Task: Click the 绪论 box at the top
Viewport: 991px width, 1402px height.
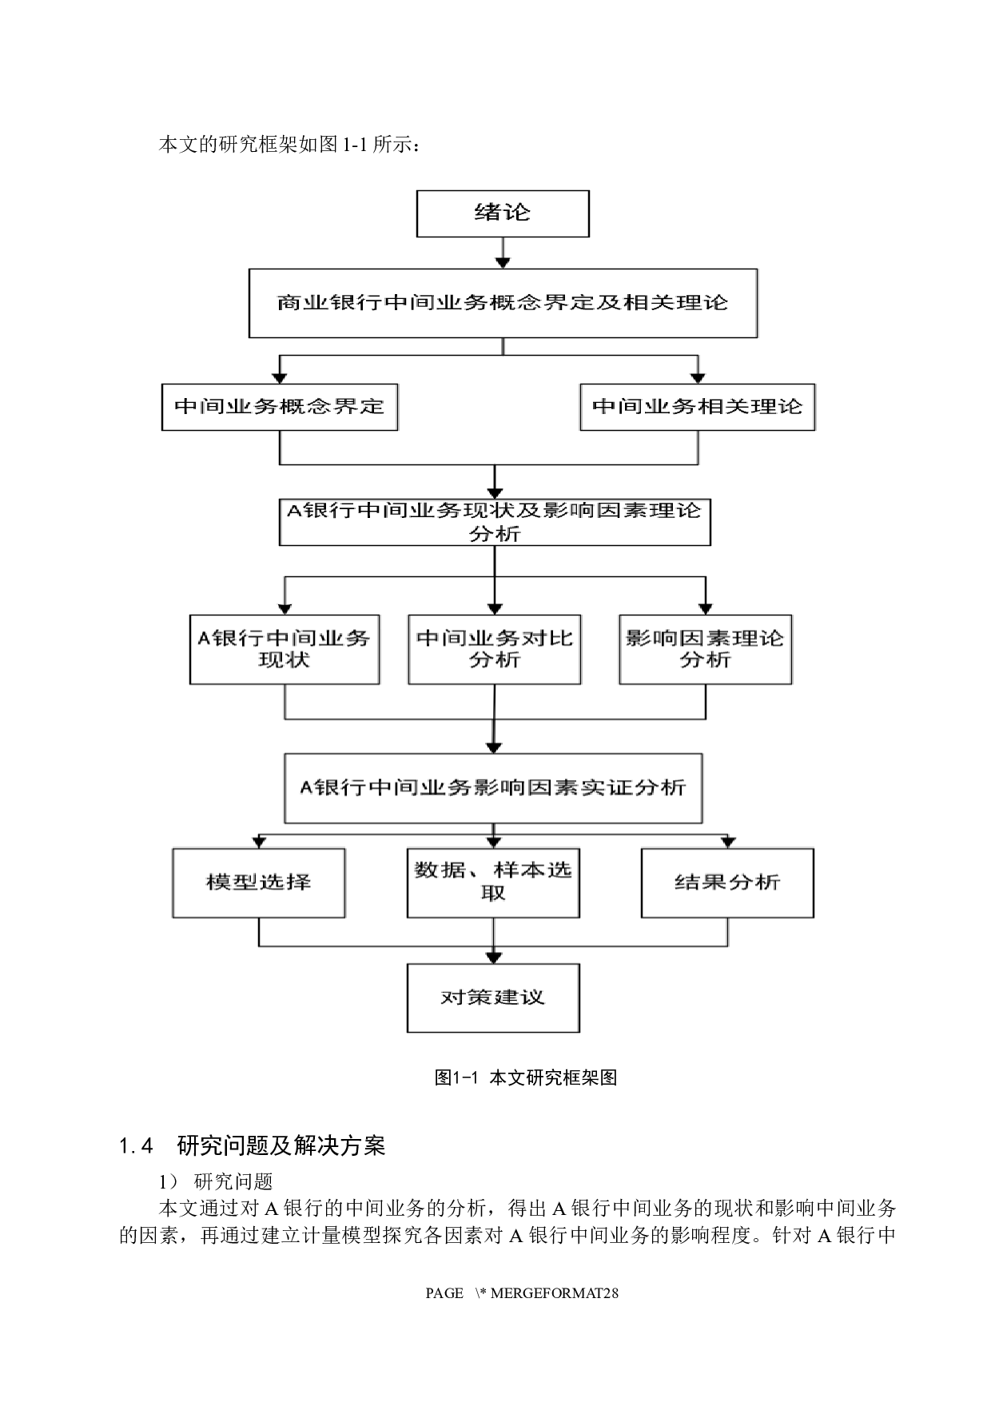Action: click(x=503, y=213)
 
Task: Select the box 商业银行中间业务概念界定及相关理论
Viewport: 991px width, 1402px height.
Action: click(x=503, y=303)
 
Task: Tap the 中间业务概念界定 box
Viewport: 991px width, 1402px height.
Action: click(x=280, y=407)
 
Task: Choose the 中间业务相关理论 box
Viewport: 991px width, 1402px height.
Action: click(x=697, y=407)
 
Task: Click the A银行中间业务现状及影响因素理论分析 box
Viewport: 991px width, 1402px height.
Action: click(x=495, y=522)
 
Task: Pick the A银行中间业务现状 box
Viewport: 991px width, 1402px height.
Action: click(x=284, y=649)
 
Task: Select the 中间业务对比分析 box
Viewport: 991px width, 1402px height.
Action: click(x=494, y=649)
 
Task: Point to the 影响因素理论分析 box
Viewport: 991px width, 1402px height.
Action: click(x=705, y=649)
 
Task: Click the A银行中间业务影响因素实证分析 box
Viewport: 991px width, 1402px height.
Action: click(x=493, y=788)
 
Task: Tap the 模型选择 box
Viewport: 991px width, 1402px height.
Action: click(x=259, y=882)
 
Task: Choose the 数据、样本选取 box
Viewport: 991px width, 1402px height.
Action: click(x=493, y=882)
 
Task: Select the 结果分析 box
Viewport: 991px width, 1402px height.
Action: click(x=727, y=882)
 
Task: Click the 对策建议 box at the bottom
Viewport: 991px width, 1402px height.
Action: click(x=493, y=998)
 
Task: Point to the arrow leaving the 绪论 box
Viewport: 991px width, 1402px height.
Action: click(x=503, y=254)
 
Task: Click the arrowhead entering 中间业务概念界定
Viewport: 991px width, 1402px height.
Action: click(x=280, y=377)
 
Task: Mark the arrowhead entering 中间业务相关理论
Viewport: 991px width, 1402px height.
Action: click(x=698, y=377)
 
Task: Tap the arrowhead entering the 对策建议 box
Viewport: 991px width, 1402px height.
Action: click(x=493, y=957)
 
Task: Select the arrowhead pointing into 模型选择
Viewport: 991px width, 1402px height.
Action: click(x=259, y=842)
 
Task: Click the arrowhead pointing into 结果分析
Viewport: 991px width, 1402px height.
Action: click(x=727, y=842)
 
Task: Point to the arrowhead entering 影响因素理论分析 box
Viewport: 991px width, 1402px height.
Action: click(x=705, y=607)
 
